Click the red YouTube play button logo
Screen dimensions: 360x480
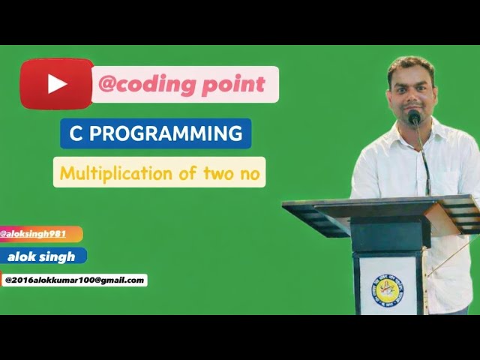coord(57,83)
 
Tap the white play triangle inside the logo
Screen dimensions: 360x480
coord(58,83)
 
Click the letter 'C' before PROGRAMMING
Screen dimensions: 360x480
coord(75,133)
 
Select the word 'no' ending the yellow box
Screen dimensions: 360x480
coord(250,174)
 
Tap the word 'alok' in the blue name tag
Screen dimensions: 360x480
coord(22,256)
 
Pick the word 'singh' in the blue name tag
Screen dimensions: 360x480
coord(58,256)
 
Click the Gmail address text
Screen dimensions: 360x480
coord(74,280)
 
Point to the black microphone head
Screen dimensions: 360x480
coord(414,117)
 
